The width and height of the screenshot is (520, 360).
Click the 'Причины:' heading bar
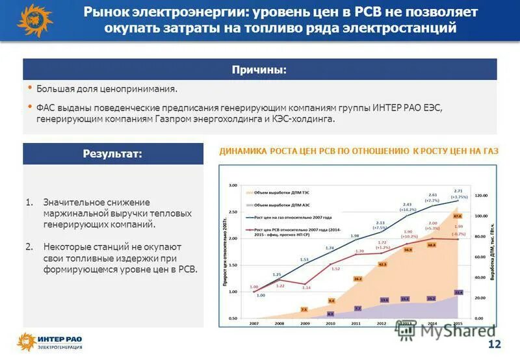tap(259, 70)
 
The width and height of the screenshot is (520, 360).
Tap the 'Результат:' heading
tap(112, 154)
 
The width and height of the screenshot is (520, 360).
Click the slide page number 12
tap(494, 344)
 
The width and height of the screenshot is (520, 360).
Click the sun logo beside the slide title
tap(33, 20)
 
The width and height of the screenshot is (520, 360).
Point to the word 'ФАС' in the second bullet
tap(46, 108)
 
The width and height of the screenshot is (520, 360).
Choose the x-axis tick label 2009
tap(304, 323)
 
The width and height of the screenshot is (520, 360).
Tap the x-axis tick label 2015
tap(458, 323)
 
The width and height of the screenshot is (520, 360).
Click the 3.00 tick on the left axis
tap(233, 185)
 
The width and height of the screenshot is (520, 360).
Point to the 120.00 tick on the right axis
tap(480, 196)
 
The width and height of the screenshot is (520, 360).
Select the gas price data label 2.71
tap(458, 190)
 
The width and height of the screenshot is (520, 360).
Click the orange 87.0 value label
tap(458, 216)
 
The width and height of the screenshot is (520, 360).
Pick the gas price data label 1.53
tap(304, 260)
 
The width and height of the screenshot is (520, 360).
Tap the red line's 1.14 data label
tap(305, 287)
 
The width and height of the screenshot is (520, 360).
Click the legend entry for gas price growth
tap(287, 217)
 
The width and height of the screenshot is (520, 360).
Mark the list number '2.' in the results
tap(29, 247)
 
